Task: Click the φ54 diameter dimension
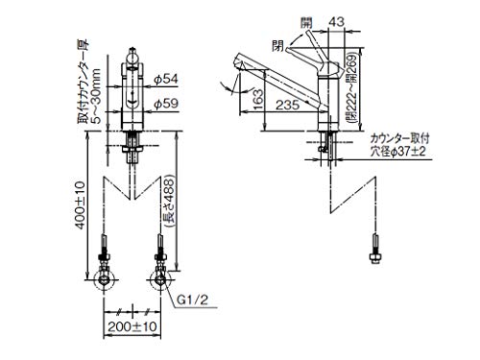click(166, 79)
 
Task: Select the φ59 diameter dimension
click(166, 104)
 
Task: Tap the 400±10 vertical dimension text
click(80, 205)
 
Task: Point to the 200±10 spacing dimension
click(132, 326)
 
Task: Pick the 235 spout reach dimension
click(287, 105)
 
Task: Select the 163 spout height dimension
click(257, 99)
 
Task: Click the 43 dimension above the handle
click(336, 22)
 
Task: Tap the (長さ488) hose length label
click(169, 202)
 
